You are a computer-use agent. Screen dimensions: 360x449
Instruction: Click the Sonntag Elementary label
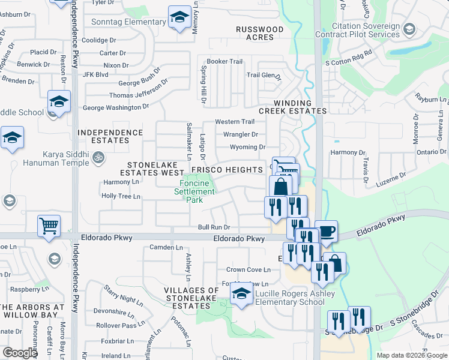pos(128,22)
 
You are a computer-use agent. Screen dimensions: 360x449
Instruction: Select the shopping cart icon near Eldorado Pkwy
pos(49,226)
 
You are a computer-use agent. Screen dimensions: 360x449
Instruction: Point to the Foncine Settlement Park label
pos(194,191)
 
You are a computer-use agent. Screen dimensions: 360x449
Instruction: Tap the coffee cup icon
pos(326,232)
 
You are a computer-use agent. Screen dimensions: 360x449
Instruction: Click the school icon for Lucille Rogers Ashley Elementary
pos(241,293)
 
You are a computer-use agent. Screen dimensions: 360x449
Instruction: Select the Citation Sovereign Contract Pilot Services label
pos(365,31)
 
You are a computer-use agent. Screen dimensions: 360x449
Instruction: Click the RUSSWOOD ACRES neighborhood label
pos(259,33)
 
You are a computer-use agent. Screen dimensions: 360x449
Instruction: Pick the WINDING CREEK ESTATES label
pos(293,107)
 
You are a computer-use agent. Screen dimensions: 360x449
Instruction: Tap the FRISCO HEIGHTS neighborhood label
pos(227,170)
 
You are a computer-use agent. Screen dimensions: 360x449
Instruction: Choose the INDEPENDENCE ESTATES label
pos(110,136)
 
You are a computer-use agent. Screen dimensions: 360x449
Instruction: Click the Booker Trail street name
pos(224,62)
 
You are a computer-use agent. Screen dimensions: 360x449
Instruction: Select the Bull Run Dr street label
pos(214,227)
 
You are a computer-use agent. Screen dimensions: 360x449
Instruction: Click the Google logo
pos(20,353)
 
